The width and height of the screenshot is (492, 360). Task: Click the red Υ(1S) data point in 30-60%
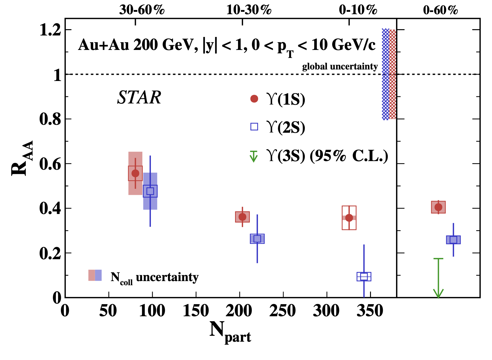tap(135, 173)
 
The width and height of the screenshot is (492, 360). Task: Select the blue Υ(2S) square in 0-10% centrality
tap(364, 277)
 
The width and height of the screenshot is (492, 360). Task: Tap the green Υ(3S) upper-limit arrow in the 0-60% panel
tap(438, 278)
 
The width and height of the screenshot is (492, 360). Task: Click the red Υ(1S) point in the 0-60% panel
tap(438, 207)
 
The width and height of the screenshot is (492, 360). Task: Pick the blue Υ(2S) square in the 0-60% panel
tap(453, 240)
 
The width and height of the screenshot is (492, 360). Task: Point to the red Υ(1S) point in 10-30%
tap(242, 217)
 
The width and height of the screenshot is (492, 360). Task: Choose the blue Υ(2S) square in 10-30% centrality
tap(257, 239)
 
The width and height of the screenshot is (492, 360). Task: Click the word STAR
tap(139, 98)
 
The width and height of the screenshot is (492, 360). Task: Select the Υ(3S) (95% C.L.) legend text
tap(327, 155)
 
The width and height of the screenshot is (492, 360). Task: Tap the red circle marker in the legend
tap(254, 99)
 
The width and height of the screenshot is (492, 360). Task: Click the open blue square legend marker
tap(254, 127)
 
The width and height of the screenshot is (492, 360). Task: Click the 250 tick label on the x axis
tap(283, 311)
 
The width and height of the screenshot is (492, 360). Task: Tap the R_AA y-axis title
tap(22, 158)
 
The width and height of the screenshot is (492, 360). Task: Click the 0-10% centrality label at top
tap(358, 10)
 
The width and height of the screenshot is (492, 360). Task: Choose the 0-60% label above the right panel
tap(440, 10)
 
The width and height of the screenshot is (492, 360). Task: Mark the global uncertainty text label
tap(340, 67)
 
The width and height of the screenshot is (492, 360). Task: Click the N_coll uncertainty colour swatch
tap(95, 275)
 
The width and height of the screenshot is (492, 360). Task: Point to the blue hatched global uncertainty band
tap(385, 74)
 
